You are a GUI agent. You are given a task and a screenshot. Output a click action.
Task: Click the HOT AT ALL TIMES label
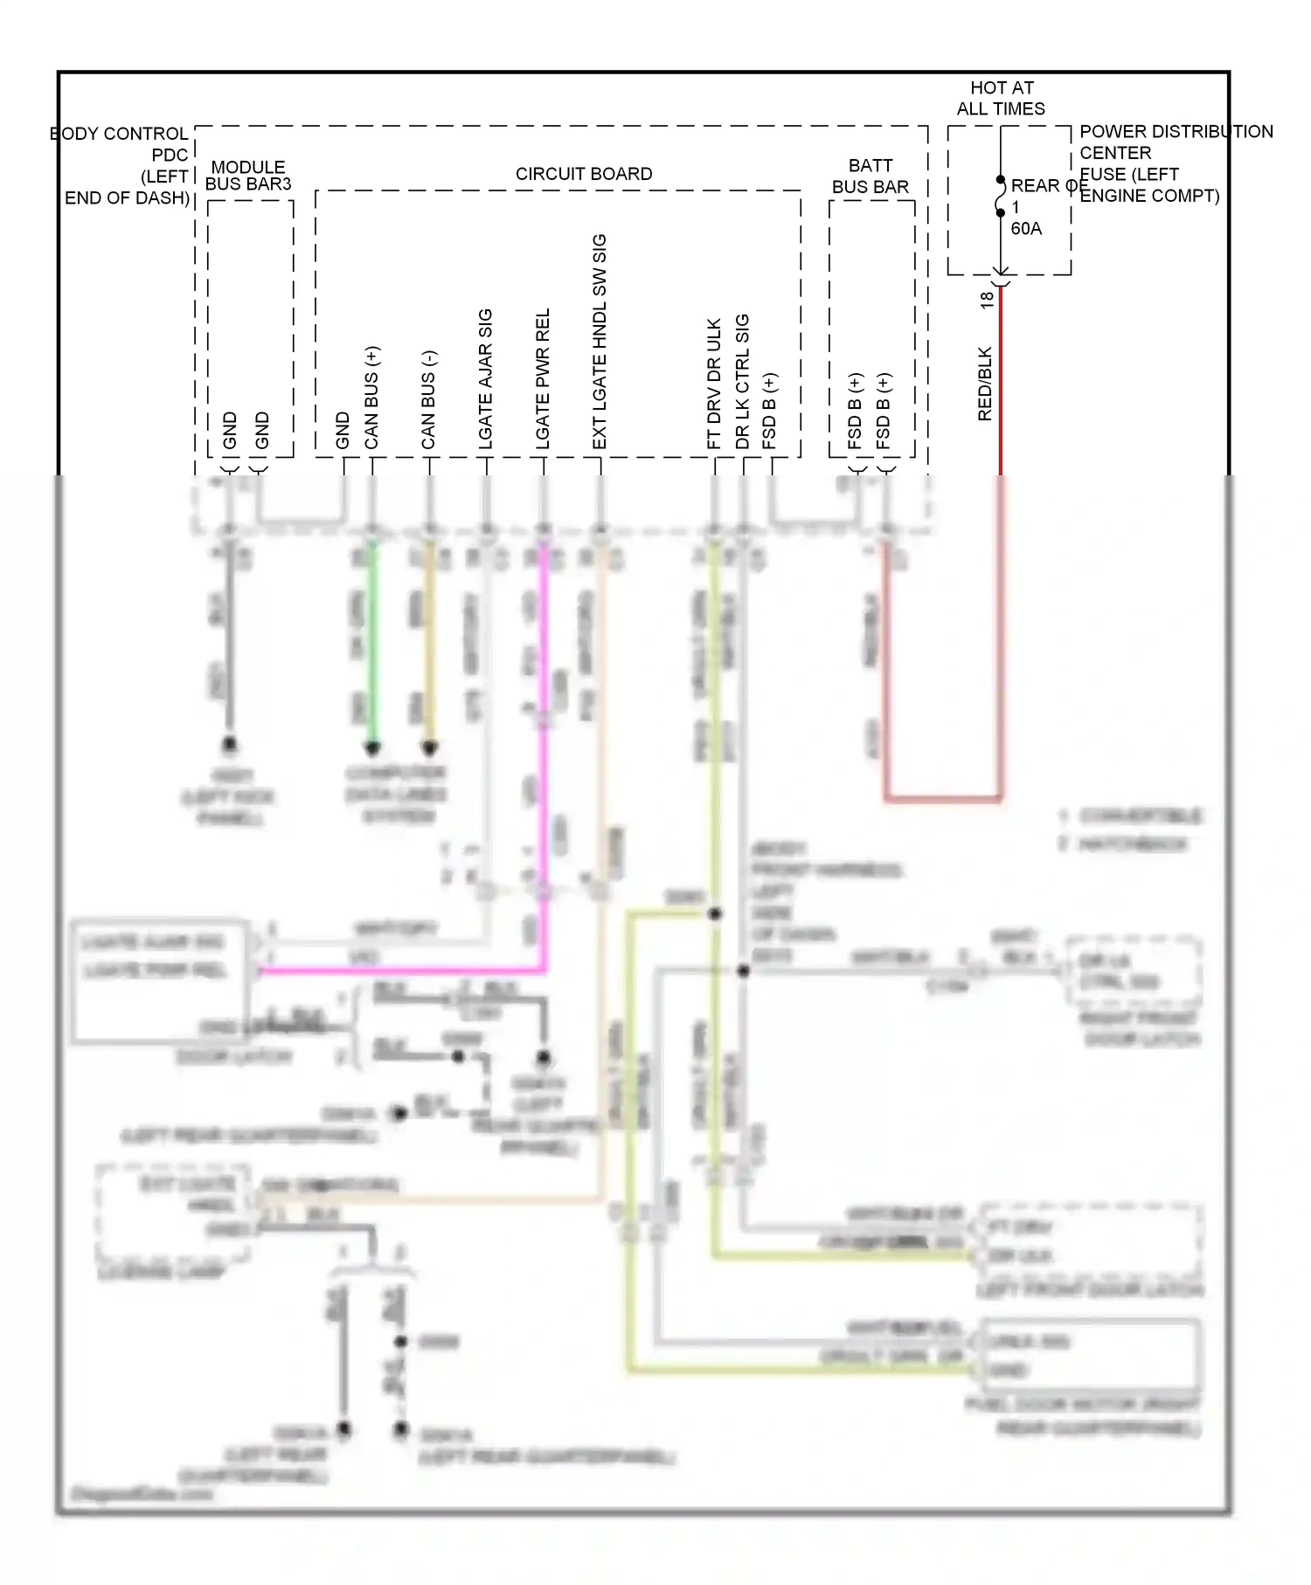(x=1001, y=98)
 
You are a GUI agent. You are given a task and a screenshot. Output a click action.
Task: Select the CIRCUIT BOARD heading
(x=584, y=174)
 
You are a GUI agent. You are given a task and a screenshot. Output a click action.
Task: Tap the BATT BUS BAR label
(x=871, y=176)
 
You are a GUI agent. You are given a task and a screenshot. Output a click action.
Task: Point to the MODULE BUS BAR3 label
(x=248, y=175)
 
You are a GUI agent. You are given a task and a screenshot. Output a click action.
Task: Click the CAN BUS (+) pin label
(x=371, y=398)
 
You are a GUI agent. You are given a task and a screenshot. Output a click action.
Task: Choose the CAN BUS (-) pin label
(x=428, y=400)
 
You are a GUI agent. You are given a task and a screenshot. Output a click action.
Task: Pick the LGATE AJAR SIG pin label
(x=485, y=379)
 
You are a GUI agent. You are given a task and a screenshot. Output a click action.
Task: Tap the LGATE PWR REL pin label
(x=543, y=378)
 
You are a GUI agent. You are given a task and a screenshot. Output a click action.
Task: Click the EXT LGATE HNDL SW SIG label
(x=600, y=342)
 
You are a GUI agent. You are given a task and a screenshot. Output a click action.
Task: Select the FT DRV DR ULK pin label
(x=714, y=384)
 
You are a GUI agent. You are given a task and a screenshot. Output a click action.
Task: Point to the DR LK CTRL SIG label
(x=742, y=382)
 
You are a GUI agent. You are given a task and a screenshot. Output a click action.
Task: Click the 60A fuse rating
(x=1026, y=229)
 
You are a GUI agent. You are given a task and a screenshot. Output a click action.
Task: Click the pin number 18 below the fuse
(x=987, y=300)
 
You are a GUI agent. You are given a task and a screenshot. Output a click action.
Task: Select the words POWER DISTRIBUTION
(x=1176, y=132)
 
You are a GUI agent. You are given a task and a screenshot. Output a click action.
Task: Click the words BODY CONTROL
(x=119, y=134)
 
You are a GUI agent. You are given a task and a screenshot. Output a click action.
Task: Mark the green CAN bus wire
(x=372, y=647)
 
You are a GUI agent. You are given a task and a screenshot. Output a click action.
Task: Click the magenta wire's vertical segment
(x=544, y=751)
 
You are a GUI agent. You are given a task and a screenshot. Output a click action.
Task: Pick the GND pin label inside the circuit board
(x=343, y=431)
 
